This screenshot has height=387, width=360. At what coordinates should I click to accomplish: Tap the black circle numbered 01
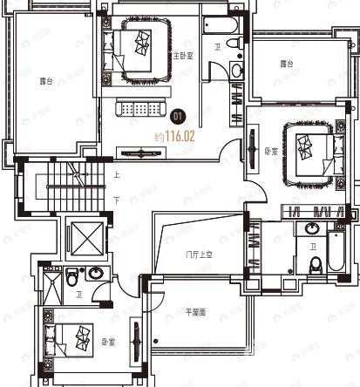179,114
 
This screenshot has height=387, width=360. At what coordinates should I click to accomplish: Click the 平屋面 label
195,311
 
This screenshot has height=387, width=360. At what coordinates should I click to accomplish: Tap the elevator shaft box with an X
85,238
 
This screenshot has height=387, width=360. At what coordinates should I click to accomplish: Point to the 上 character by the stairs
116,174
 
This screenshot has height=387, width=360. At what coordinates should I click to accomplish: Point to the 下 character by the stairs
116,200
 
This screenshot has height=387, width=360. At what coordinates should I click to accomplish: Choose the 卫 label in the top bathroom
217,47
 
